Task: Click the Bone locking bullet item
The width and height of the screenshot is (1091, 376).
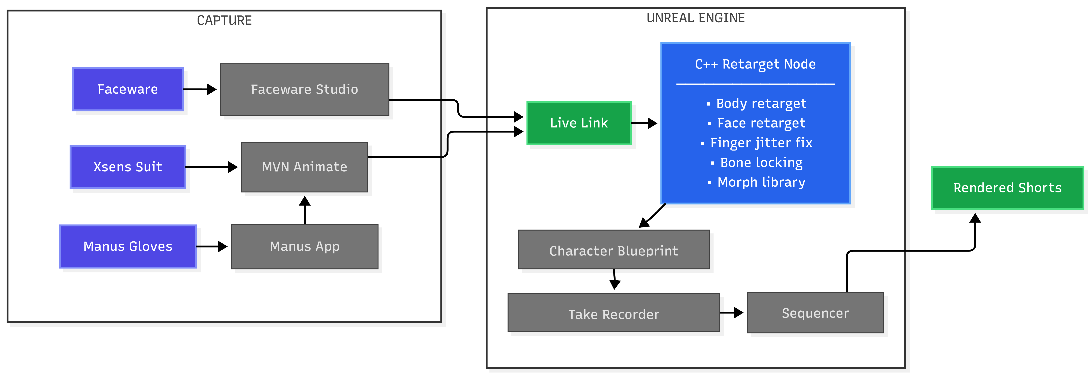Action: [x=761, y=163]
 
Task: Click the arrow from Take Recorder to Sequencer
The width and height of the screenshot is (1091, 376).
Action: [x=731, y=313]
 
